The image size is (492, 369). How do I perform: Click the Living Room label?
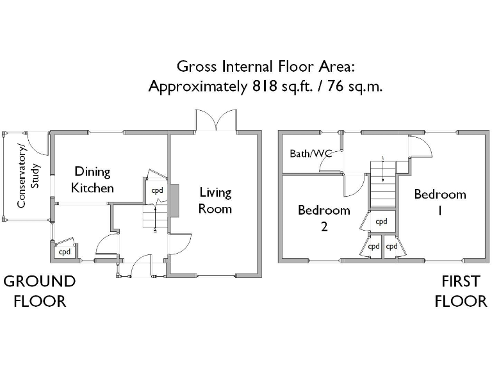pos(215,200)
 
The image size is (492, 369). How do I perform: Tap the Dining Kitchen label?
pos(92,179)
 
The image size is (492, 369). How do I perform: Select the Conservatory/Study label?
pos(29,177)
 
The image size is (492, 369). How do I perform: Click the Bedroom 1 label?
pos(439,202)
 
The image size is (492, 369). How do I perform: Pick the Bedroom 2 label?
pos(324,218)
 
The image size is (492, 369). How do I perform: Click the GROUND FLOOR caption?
pos(40,291)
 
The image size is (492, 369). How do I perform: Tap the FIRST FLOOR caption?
pos(461,291)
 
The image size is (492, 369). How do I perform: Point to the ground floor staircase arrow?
pos(155,221)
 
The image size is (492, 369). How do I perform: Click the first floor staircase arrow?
pos(382,168)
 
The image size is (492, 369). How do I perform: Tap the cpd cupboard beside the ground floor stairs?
pos(157,191)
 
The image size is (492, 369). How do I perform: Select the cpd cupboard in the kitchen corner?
pos(65,251)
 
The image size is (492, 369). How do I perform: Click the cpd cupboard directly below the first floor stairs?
pos(381,222)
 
